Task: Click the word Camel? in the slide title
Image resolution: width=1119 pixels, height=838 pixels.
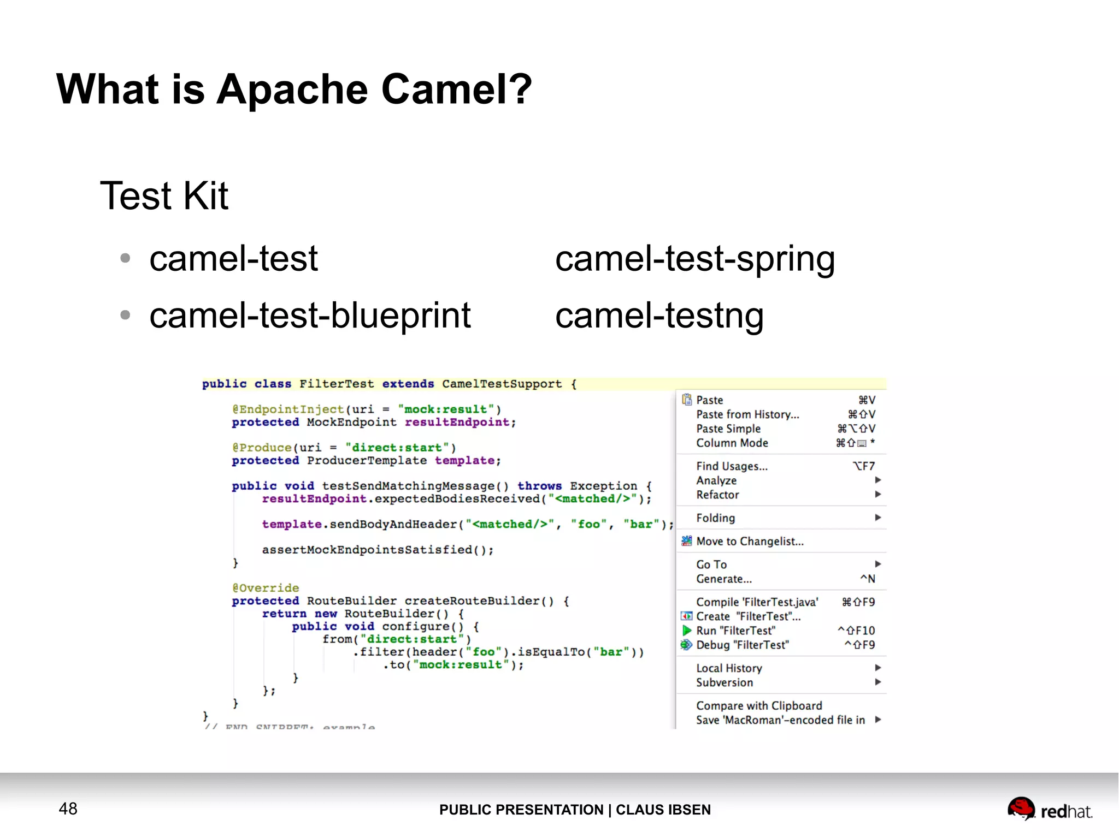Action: click(456, 89)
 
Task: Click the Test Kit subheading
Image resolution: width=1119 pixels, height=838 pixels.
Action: click(164, 195)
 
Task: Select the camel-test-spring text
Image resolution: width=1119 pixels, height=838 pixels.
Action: click(695, 259)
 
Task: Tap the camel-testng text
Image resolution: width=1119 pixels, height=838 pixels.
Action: click(659, 316)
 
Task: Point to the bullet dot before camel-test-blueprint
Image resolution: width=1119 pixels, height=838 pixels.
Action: click(125, 315)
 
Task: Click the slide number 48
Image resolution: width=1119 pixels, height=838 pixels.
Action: click(68, 809)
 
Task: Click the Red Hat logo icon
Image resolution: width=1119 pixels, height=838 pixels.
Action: click(1021, 808)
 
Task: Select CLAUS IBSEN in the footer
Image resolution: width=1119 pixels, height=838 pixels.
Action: click(663, 810)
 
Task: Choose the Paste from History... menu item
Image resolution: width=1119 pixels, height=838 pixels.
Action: click(747, 414)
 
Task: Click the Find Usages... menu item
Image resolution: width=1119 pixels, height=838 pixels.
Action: click(732, 466)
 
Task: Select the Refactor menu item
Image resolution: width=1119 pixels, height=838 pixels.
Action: click(717, 495)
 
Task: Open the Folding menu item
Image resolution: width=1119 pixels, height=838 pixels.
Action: click(715, 518)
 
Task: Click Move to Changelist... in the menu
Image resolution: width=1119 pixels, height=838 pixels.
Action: click(750, 541)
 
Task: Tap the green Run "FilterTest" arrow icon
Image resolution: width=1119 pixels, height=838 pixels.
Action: click(687, 631)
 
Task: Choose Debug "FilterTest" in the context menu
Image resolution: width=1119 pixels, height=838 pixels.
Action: click(742, 645)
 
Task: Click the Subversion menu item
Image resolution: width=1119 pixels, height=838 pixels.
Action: click(724, 682)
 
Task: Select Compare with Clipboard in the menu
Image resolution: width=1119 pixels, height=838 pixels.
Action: click(758, 706)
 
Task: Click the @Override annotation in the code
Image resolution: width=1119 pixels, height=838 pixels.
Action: click(266, 588)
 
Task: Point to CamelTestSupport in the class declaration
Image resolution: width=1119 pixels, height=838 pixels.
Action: click(502, 384)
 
